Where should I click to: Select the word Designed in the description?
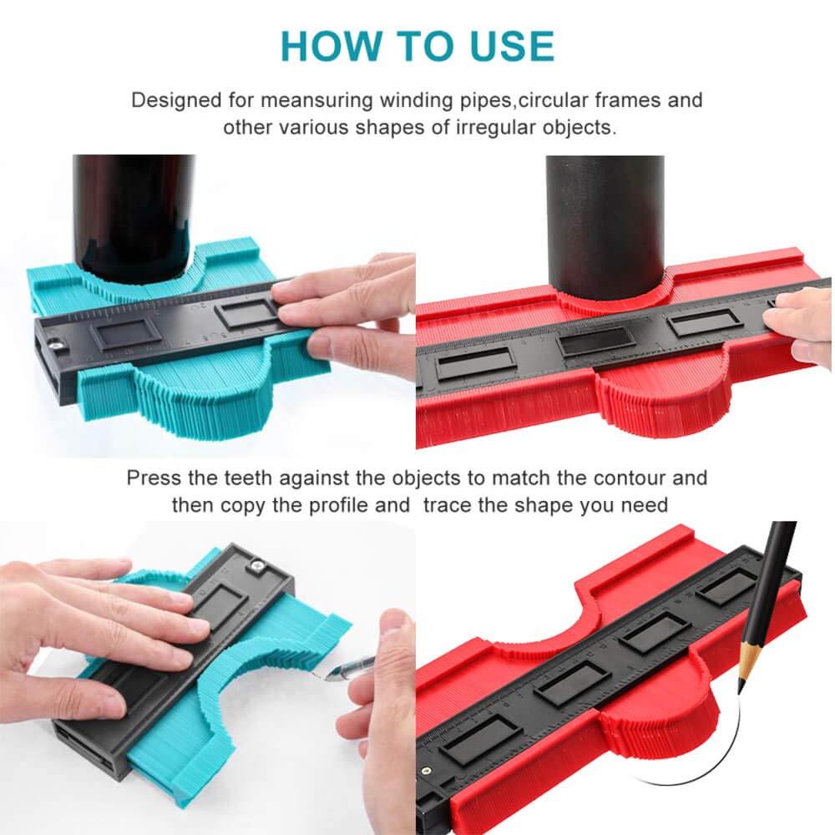[176, 101]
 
